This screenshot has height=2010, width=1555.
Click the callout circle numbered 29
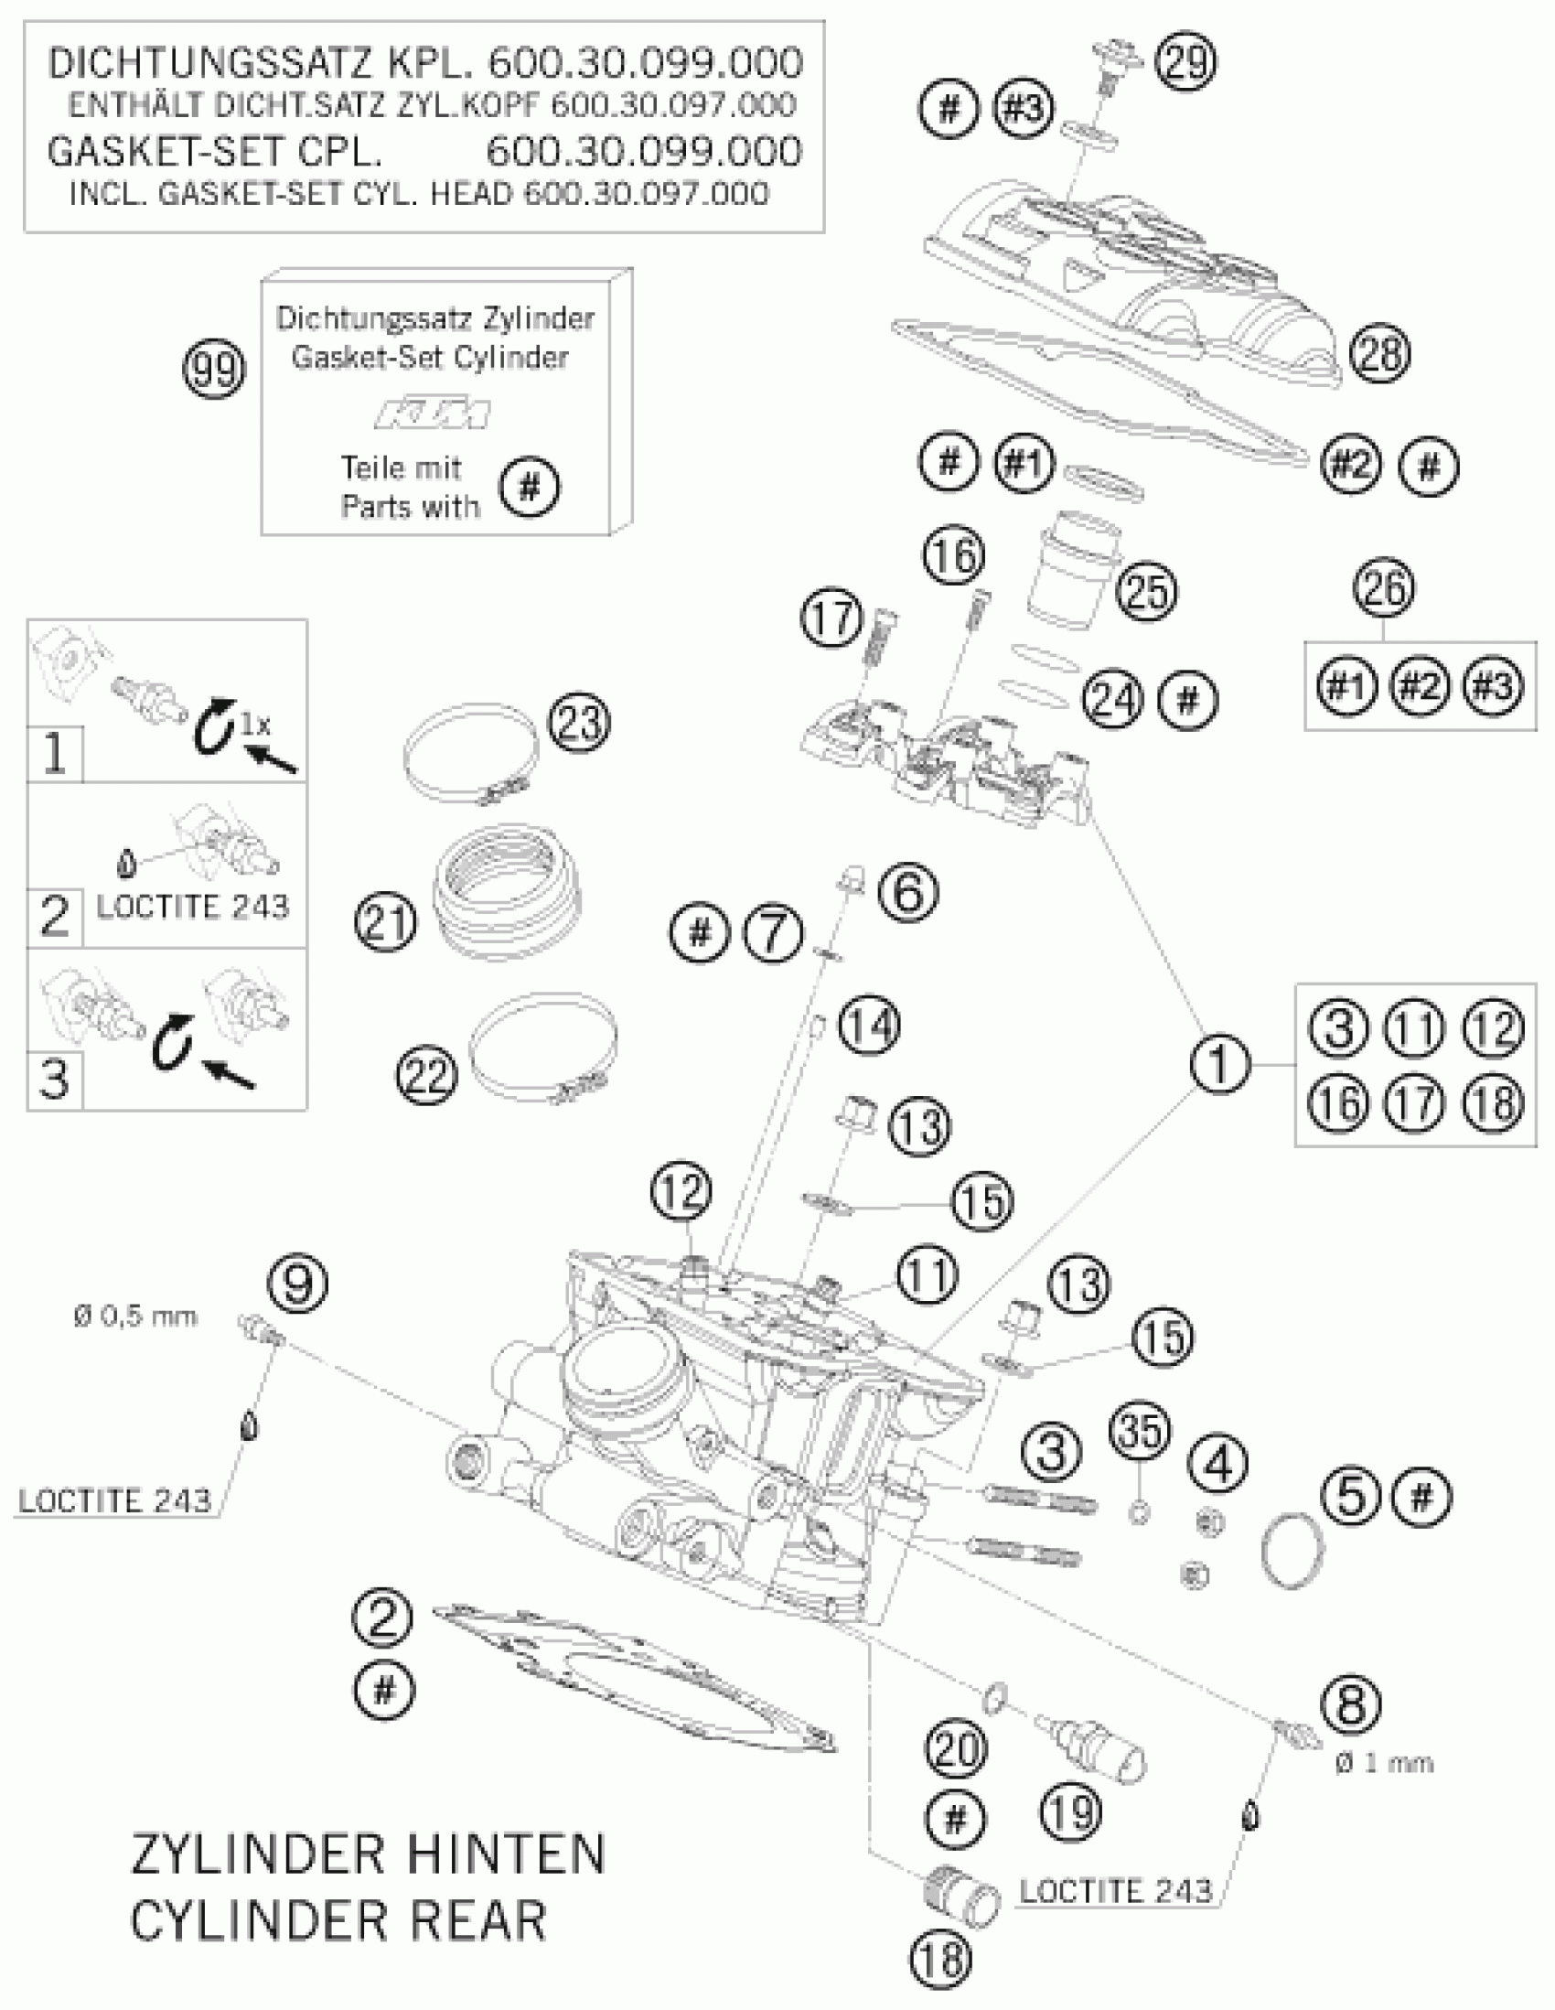coord(1186,62)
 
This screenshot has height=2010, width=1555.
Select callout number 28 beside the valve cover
coord(1380,354)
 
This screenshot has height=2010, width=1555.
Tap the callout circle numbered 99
coord(214,370)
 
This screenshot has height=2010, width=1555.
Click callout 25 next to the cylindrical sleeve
coord(1146,591)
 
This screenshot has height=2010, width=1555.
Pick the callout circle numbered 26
coord(1384,588)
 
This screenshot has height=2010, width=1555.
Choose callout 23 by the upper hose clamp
coord(579,723)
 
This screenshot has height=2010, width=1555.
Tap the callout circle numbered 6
coord(908,892)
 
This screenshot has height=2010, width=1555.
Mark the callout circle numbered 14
coord(869,1026)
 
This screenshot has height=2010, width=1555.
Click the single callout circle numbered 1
coord(1220,1064)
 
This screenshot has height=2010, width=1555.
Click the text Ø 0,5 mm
coord(135,1317)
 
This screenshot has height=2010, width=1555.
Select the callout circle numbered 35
coord(1141,1431)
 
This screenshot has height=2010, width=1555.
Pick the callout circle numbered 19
coord(1072,1812)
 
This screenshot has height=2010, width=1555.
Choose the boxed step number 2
coord(54,917)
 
